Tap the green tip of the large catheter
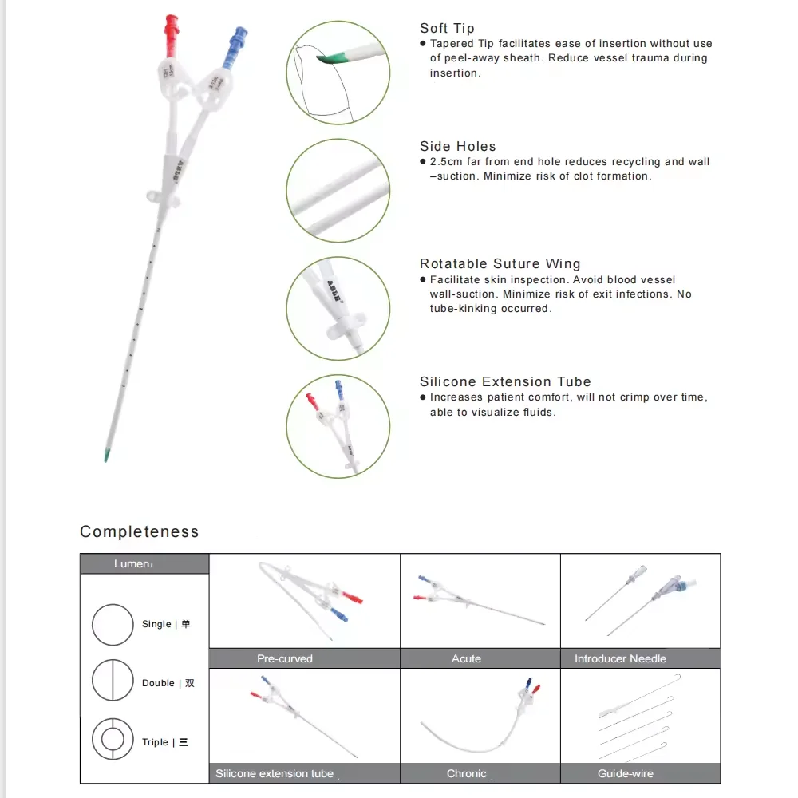[107, 456]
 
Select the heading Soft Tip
[447, 29]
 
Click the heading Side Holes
[458, 146]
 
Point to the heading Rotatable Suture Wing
[500, 263]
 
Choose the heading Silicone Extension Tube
[505, 381]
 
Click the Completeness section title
[140, 531]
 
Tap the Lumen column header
[132, 563]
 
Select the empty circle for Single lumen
[113, 624]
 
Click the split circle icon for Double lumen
[113, 682]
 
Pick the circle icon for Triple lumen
[113, 741]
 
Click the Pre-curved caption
[285, 658]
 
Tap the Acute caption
[466, 658]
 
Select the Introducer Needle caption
[620, 658]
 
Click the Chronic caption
[467, 773]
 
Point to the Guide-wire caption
[626, 773]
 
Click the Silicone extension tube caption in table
[275, 773]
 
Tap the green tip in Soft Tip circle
[337, 58]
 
